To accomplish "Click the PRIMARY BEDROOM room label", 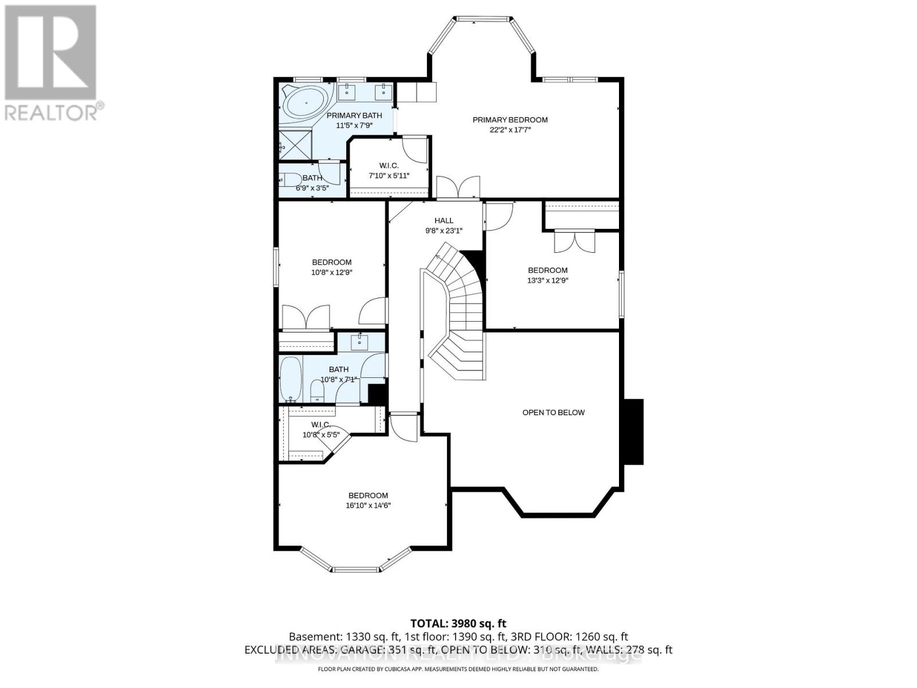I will coord(510,120).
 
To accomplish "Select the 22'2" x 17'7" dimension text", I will coord(510,130).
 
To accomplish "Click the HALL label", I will coord(444,220).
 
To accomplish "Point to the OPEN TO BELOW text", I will coord(553,412).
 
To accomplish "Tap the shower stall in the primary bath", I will coord(296,144).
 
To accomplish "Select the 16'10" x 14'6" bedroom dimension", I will coord(368,506).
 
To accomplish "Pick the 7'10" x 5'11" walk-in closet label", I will coord(388,170).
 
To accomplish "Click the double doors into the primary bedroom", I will coord(457,187).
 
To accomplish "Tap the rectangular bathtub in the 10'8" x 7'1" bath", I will coord(291,378).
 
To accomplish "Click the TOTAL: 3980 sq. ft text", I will coord(458,623).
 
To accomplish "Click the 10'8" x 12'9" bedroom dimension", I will coord(331,273).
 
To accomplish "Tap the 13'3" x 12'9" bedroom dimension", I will coord(547,280).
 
